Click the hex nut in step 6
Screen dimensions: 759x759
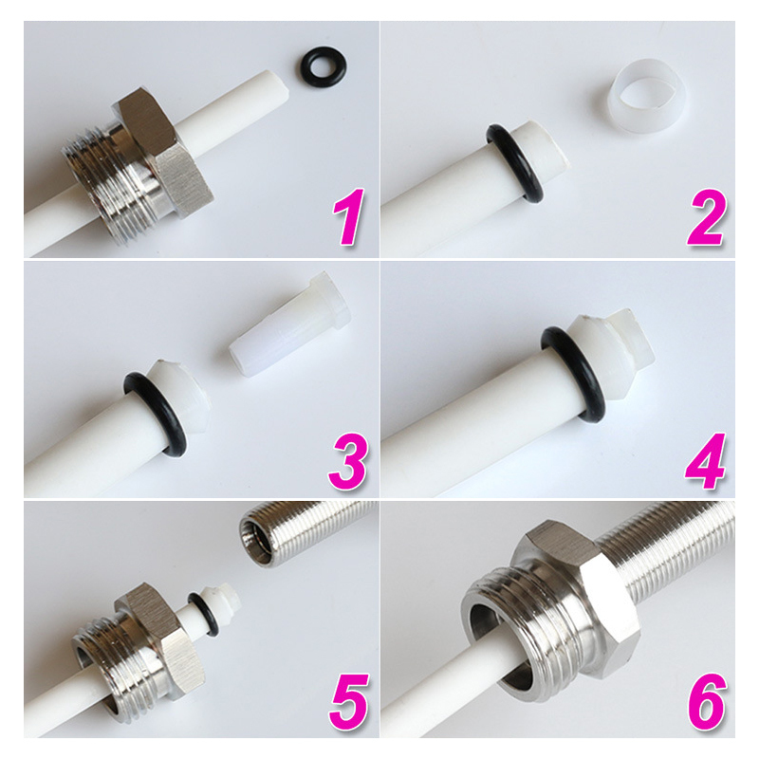(560, 588)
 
